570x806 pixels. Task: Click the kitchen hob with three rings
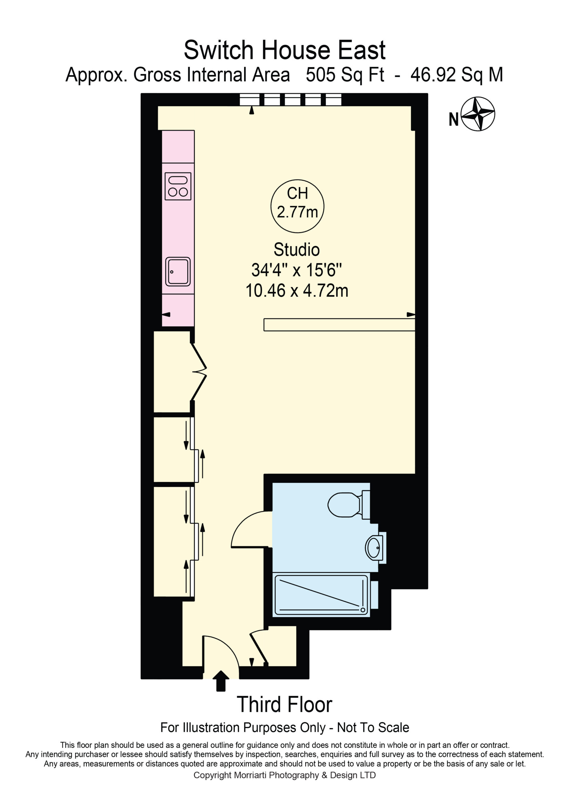click(x=178, y=186)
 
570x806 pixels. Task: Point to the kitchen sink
click(x=178, y=272)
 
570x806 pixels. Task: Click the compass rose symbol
click(x=478, y=114)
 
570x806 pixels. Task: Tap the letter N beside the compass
click(x=454, y=119)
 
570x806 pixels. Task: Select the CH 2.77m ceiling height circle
click(x=298, y=206)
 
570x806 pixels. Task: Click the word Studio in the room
click(x=297, y=250)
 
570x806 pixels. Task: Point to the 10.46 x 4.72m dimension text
click(x=297, y=291)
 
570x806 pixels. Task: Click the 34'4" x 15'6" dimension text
click(x=297, y=270)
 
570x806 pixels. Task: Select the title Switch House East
click(x=285, y=50)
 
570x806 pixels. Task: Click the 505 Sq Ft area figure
click(x=345, y=75)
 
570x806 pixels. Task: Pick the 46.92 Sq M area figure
click(x=457, y=75)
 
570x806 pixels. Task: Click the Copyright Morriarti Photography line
click(x=285, y=775)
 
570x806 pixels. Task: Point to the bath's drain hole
click(x=363, y=610)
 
